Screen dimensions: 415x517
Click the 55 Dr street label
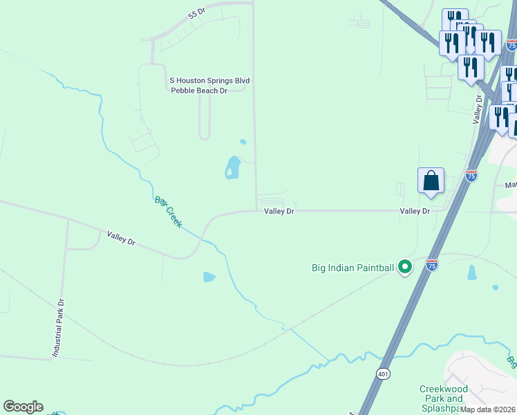197,14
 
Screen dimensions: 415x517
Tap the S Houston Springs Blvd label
209,81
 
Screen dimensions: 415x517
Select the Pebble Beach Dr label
199,91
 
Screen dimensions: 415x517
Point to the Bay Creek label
168,212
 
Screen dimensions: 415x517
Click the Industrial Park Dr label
59,328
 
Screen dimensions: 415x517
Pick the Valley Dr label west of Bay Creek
121,239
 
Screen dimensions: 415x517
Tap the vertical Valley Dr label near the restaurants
477,110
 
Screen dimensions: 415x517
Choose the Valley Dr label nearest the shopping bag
415,211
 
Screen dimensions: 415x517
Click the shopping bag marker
431,181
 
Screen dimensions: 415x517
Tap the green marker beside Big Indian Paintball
405,266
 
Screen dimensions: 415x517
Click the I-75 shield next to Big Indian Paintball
432,265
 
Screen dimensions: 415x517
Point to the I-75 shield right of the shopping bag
471,176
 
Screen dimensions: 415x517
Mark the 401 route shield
384,373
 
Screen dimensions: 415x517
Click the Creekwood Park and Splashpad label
442,398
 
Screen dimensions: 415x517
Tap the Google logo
23,407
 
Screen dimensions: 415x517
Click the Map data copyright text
488,409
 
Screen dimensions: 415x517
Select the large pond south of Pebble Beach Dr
232,167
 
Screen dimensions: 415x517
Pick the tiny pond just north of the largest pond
243,142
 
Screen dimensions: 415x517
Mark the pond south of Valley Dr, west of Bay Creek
209,277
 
